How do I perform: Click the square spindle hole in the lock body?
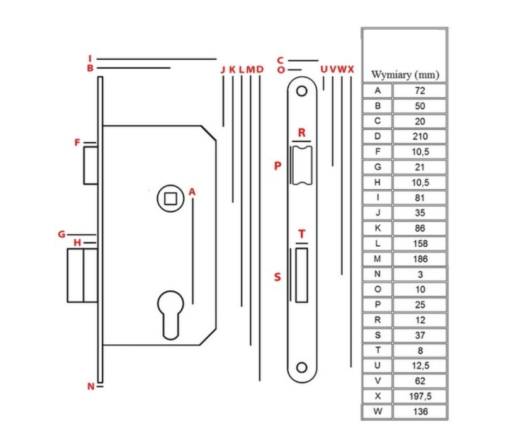coord(170,198)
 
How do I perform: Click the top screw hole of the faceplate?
coord(302,91)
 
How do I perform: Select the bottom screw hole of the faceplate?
coord(302,368)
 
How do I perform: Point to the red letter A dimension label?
coord(192,192)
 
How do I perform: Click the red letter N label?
coord(91,387)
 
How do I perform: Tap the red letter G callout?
coord(62,234)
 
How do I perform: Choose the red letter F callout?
coord(77,142)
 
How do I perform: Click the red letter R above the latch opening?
coord(302,133)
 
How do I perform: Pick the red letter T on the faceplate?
coord(302,234)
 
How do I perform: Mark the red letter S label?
coord(277,277)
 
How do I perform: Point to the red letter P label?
coord(277,166)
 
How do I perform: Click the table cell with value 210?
coord(420,136)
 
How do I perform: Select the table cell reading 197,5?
coord(420,396)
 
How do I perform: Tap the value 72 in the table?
coord(420,91)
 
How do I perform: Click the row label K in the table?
coord(377,228)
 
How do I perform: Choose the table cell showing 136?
coord(420,412)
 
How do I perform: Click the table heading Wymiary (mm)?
coord(405,75)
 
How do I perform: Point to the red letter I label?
coord(90,59)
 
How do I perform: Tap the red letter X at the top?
coord(351,69)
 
